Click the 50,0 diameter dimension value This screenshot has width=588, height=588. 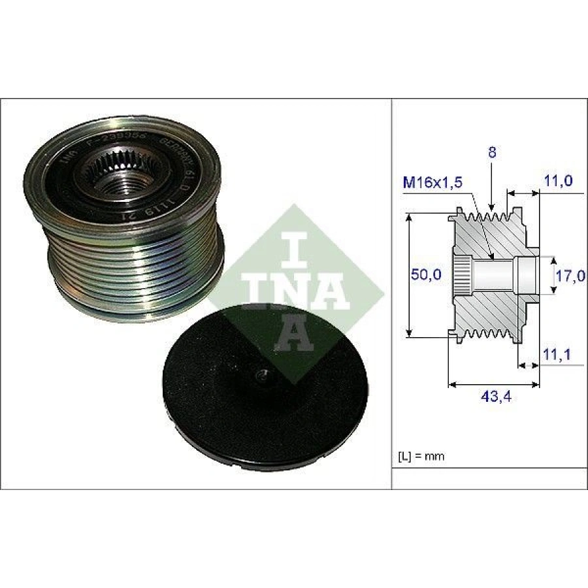pyautogui.click(x=426, y=276)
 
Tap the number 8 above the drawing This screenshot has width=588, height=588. pyautogui.click(x=492, y=154)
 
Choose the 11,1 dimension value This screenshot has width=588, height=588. pyautogui.click(x=559, y=353)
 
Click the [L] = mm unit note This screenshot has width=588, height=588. pyautogui.click(x=421, y=456)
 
